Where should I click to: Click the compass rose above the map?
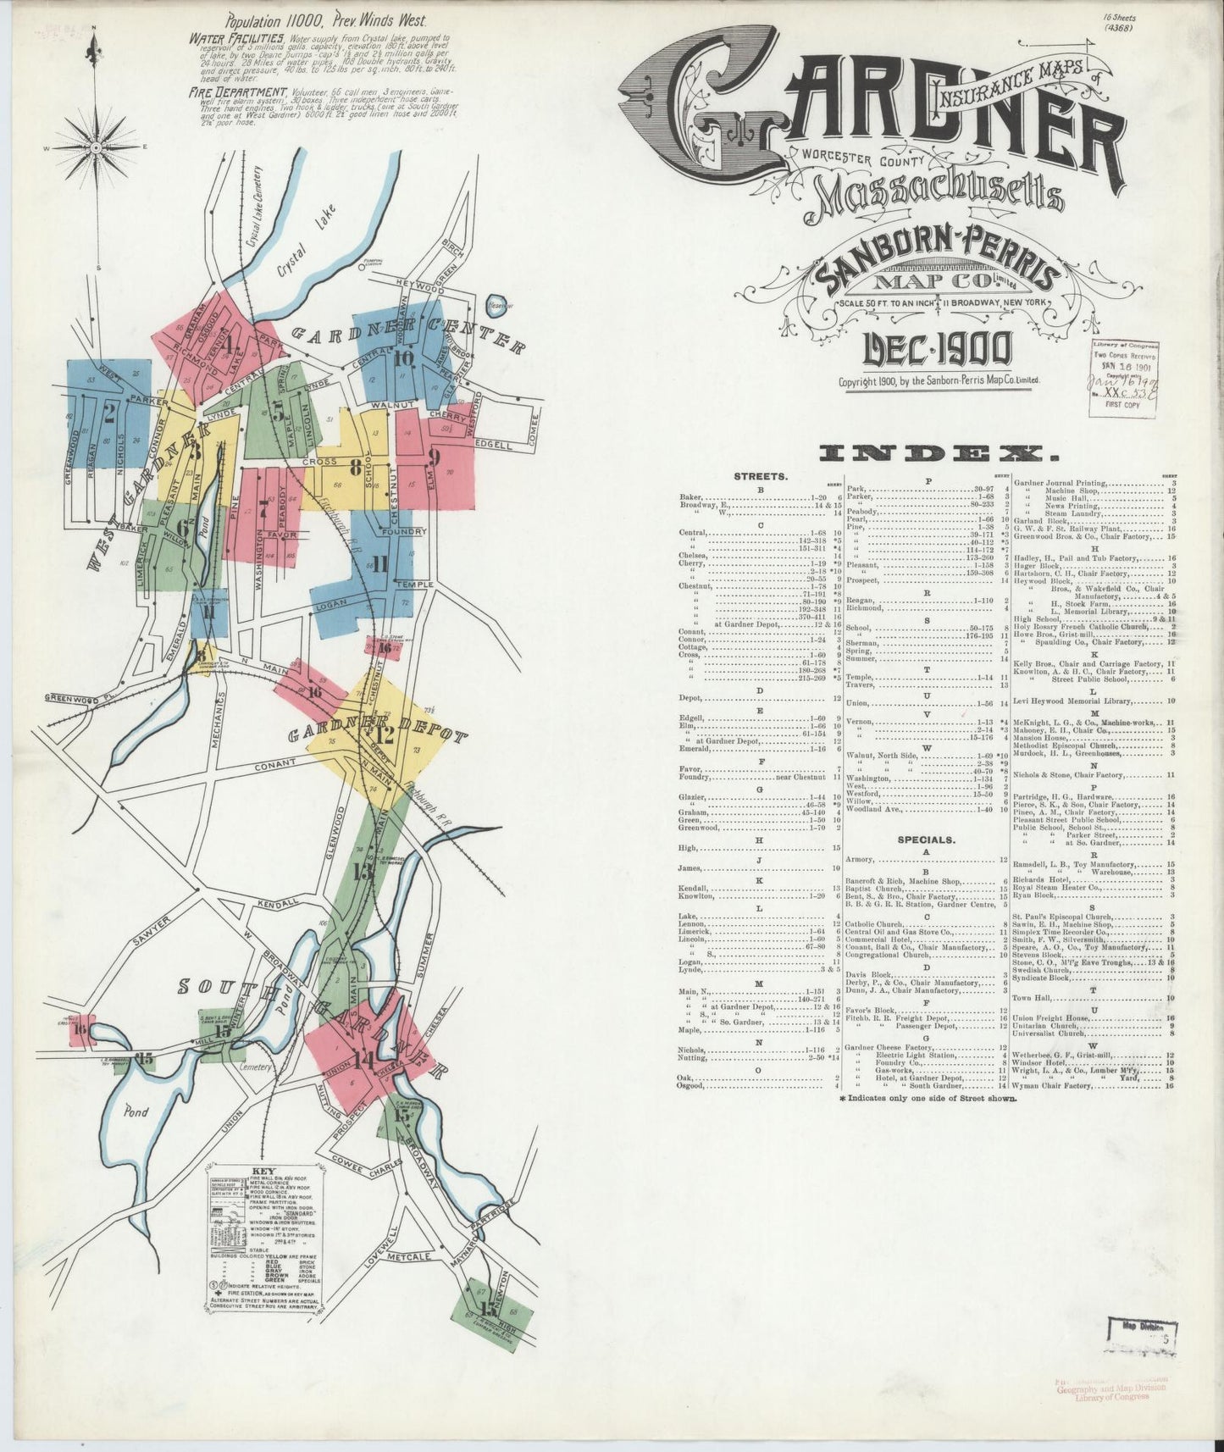pos(96,147)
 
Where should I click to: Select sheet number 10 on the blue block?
pos(403,357)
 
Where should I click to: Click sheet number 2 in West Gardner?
pos(109,413)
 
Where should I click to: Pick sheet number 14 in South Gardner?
pos(365,1060)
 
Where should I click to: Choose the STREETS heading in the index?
pos(761,477)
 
